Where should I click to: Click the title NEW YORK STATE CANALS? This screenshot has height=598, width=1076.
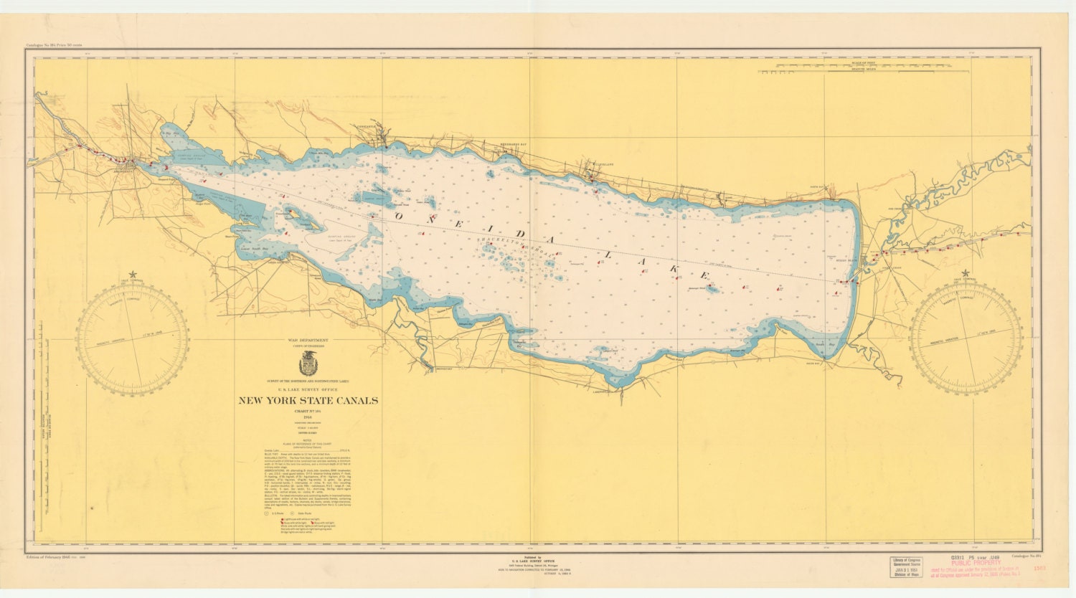(x=308, y=401)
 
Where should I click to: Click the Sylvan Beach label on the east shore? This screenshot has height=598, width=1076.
(x=847, y=260)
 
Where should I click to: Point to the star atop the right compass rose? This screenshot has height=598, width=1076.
(x=966, y=273)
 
